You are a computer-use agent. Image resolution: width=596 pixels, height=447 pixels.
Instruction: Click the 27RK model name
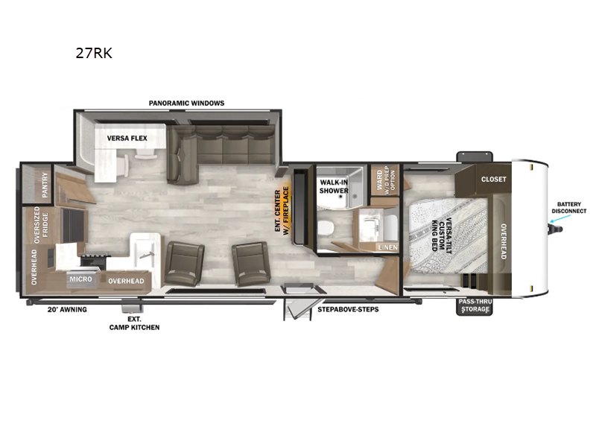[94, 54]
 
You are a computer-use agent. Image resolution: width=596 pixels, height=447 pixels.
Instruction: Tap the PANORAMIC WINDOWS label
[186, 103]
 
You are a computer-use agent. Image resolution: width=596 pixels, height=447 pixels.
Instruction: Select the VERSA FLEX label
[127, 138]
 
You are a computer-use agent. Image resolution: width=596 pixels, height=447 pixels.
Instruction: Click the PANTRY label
[45, 183]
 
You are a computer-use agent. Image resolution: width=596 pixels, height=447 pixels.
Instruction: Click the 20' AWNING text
[68, 308]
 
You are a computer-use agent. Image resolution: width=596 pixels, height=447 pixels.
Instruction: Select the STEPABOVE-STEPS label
[348, 308]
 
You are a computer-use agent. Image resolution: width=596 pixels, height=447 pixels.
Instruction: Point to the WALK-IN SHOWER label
[335, 186]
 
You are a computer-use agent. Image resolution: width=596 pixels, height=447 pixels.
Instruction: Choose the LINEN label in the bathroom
[387, 247]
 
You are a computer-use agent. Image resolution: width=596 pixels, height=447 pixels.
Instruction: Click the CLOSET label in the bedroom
[493, 179]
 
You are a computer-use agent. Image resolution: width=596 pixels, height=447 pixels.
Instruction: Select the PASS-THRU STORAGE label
[474, 305]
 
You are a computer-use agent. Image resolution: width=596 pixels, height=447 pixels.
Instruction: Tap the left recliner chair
[183, 262]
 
